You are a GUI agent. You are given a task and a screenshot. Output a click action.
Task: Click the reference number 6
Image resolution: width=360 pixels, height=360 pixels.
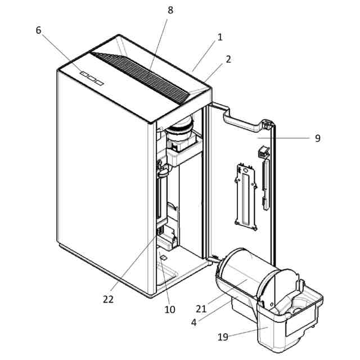[38, 30]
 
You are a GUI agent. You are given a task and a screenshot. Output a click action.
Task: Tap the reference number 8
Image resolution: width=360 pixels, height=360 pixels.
[170, 10]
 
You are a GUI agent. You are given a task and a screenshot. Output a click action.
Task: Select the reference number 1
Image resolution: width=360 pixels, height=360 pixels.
[220, 37]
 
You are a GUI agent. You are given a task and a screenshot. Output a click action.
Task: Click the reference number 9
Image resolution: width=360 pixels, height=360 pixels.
[318, 138]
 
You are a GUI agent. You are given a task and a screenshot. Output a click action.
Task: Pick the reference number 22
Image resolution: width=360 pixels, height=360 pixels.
[108, 299]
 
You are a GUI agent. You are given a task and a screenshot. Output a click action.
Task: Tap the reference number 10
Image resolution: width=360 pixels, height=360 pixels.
[170, 309]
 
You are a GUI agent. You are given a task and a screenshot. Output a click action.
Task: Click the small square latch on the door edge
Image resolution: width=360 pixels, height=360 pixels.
[262, 152]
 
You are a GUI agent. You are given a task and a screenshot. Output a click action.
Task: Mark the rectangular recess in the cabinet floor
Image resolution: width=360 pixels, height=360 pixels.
[166, 276]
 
